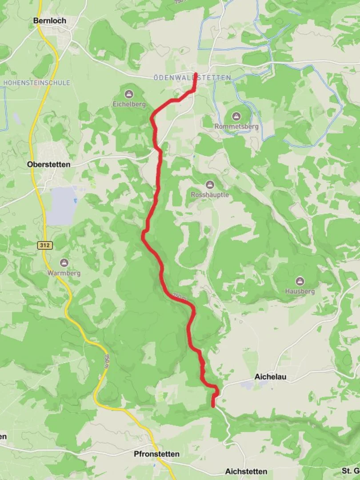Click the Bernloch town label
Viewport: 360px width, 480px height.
pos(50,20)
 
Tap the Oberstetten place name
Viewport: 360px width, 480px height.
pos(49,164)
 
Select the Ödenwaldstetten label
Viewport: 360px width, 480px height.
pos(192,78)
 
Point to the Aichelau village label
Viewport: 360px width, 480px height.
pos(270,376)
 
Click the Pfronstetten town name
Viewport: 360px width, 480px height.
pos(157,454)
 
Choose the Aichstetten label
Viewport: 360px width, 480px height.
pos(246,471)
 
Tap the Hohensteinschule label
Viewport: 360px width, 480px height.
pos(36,83)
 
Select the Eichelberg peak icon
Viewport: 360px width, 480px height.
pos(129,94)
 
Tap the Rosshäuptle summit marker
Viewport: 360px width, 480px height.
pos(210,184)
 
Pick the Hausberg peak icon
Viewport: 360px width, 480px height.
pos(300,281)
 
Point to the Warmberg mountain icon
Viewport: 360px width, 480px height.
pos(64,263)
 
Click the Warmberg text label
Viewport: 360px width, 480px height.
pos(64,273)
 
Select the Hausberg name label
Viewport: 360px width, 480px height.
pos(300,292)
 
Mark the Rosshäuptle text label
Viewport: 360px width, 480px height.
pos(210,195)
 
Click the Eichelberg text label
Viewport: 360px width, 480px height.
pos(129,104)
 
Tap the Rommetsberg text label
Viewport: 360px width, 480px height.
pos(236,127)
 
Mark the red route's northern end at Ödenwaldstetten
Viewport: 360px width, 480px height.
pos(196,73)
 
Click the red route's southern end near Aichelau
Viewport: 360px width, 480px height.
pos(213,405)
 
